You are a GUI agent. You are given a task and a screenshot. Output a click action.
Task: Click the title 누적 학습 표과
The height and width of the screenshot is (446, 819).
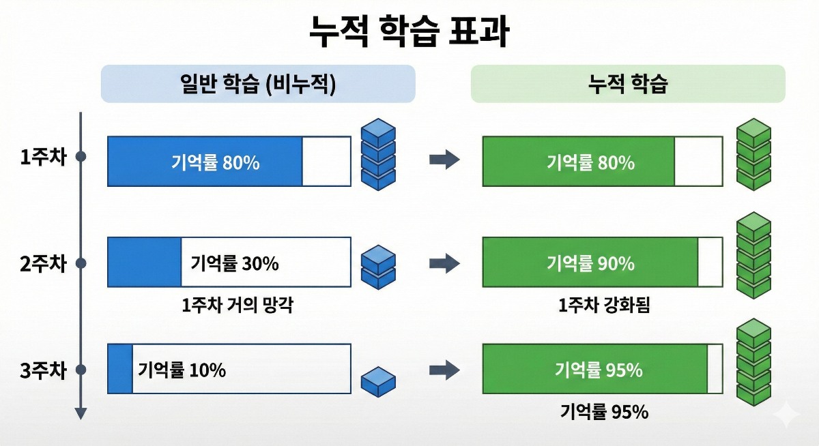point(409,31)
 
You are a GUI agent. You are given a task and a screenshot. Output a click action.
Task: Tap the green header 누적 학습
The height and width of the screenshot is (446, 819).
point(628,84)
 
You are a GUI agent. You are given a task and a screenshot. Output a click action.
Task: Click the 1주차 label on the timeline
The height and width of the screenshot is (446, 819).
point(43,157)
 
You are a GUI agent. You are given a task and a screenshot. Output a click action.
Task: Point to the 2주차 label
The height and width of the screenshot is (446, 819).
point(43,263)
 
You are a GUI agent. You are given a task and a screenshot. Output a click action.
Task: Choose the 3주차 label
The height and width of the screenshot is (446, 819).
point(43,370)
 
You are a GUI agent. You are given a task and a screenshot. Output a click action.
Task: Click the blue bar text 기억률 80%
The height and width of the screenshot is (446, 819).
point(215,163)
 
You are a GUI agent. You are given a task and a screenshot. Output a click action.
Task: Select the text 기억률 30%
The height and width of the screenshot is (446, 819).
point(235,263)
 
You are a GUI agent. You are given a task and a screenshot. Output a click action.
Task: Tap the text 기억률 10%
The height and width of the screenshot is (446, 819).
point(182,370)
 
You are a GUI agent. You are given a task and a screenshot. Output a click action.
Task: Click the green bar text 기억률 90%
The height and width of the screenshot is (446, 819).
point(590,263)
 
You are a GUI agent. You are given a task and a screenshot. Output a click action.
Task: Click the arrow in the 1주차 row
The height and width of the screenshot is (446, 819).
point(444,160)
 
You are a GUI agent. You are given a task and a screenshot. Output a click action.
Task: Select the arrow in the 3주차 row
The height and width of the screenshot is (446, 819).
point(444,370)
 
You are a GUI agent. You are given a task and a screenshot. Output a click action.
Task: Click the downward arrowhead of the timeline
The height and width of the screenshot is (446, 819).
point(81,413)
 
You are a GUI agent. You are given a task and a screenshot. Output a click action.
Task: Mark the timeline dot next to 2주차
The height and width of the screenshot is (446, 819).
point(81,263)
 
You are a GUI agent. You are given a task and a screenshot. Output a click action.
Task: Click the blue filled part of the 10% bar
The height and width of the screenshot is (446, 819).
point(120,369)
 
